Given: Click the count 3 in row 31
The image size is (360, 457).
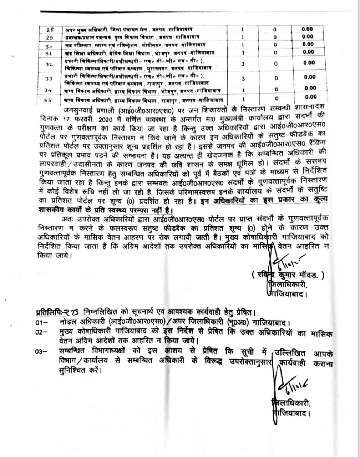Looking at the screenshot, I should point(243,52).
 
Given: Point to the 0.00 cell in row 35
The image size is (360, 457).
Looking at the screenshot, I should point(311,97).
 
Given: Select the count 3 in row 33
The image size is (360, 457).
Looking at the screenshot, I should point(243,78).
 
